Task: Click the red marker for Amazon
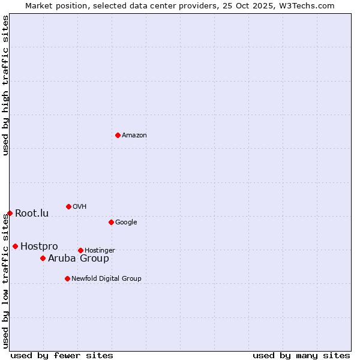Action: (x=118, y=135)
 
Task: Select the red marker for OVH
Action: (x=68, y=206)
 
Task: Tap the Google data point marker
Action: (x=111, y=222)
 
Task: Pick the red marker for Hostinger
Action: (x=80, y=250)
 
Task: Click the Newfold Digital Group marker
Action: (x=67, y=278)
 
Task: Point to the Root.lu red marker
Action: (x=10, y=213)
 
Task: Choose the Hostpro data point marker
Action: (x=15, y=246)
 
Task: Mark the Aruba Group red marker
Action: (x=43, y=258)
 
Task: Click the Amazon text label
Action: (x=134, y=136)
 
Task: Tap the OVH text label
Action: (x=80, y=207)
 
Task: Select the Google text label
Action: (x=126, y=223)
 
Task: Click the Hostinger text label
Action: (x=100, y=251)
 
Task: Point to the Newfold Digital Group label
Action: (x=106, y=279)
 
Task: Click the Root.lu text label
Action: (x=32, y=214)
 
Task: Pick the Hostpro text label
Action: (x=39, y=247)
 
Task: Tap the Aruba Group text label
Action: (x=79, y=259)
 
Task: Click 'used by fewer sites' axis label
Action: (x=62, y=355)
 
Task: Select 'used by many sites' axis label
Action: (x=301, y=355)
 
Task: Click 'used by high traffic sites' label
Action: (x=5, y=85)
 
